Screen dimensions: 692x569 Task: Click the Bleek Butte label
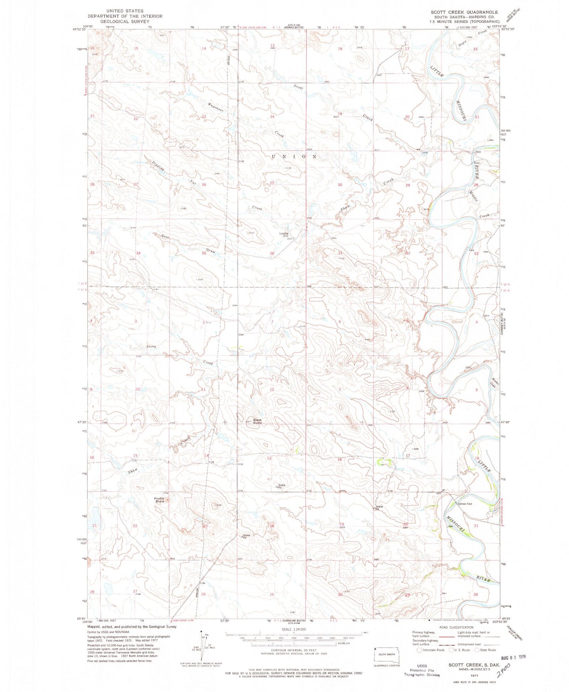257,421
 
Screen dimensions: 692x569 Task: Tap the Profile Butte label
159,501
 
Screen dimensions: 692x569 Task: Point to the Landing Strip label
284,235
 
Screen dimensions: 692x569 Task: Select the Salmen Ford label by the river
464,504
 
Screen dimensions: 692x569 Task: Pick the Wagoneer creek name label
216,107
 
